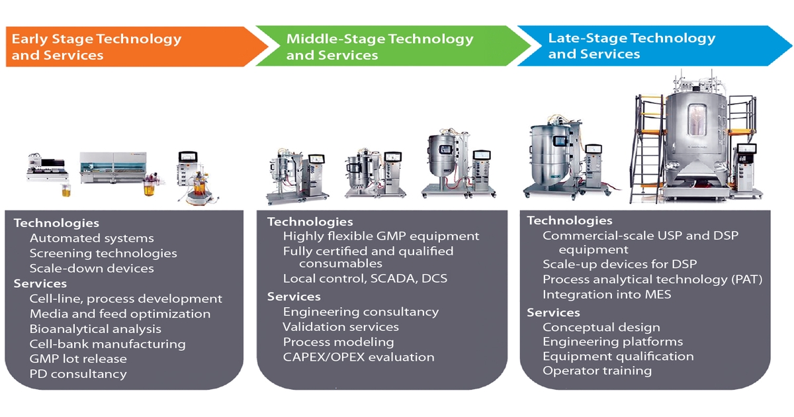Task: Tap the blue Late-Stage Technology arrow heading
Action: coord(631,46)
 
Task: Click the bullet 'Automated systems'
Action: coord(91,238)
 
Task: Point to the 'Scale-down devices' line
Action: coord(91,269)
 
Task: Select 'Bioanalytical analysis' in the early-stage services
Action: coord(95,329)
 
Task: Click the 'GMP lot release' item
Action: coord(78,359)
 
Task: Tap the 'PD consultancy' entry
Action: coord(78,374)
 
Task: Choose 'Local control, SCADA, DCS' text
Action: coord(365,279)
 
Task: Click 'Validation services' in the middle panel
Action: coord(341,327)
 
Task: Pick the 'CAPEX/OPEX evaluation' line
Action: coord(359,357)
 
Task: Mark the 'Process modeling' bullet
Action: coord(338,342)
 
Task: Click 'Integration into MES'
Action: coord(607,295)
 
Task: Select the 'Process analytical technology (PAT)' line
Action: coord(652,279)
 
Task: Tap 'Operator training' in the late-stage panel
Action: coord(597,371)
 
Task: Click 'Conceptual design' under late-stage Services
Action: coord(601,327)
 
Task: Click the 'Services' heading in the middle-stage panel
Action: coord(294,297)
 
